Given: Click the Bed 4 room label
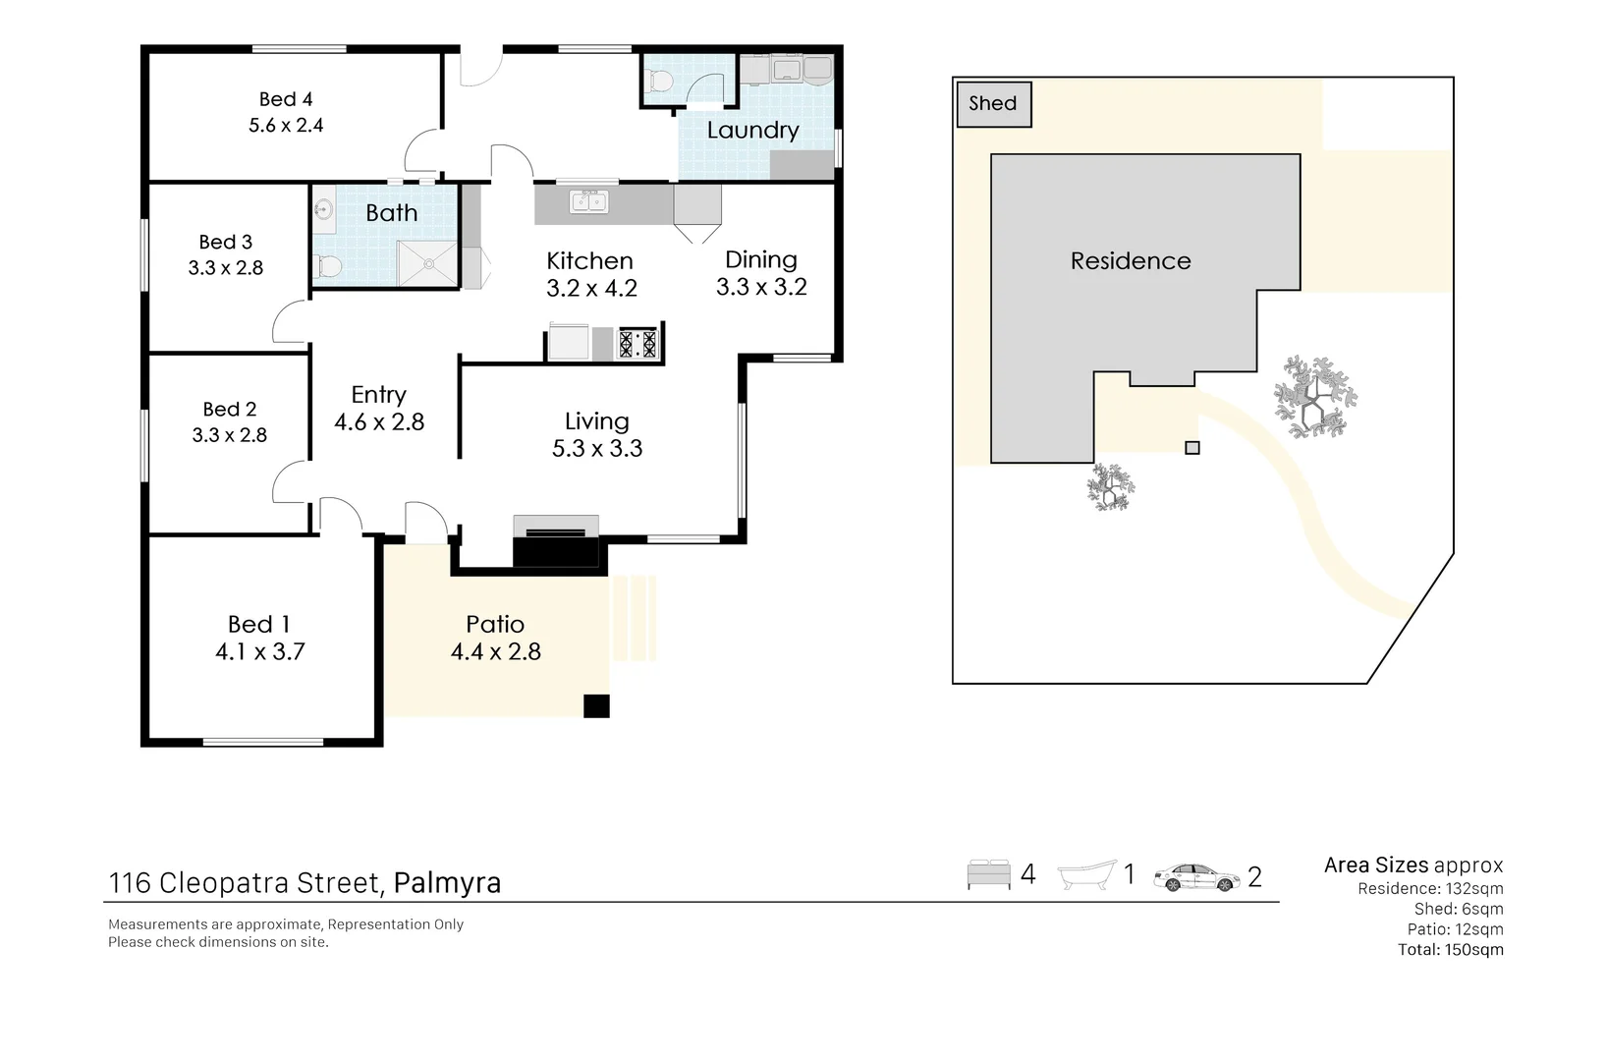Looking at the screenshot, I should tap(286, 99).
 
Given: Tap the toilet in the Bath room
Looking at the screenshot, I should tap(328, 266).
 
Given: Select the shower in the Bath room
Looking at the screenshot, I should tap(427, 263).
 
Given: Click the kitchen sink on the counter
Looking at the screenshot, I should tap(589, 201).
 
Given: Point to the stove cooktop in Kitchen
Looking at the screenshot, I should tap(637, 344).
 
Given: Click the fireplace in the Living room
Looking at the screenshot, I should tap(556, 541).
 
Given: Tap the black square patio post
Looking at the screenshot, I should tap(596, 705).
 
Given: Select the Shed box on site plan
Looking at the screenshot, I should tap(994, 104).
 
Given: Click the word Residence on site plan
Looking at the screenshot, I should tap(1130, 261).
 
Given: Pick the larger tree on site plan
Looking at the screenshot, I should tap(1314, 397).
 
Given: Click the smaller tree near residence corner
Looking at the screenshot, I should tap(1111, 487).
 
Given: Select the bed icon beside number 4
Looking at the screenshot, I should tap(988, 874).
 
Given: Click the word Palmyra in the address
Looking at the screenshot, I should tap(447, 882).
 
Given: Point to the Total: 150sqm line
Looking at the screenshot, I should tap(1450, 950).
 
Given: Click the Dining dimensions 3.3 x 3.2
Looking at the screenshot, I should tap(761, 287).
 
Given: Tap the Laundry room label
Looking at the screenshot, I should tap(752, 131).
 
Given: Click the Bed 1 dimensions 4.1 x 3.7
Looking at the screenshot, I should tap(260, 651).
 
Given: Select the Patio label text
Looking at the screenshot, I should tap(495, 624).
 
